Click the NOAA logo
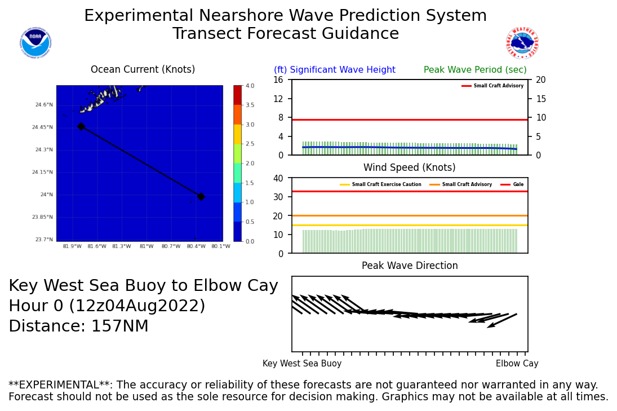click(x=35, y=43)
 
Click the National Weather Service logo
click(x=522, y=43)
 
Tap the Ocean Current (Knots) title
click(x=143, y=70)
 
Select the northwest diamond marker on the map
click(x=81, y=126)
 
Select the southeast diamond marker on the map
click(x=201, y=196)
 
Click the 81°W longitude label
click(x=147, y=246)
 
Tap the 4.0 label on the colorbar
click(x=250, y=86)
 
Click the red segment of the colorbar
click(x=237, y=95)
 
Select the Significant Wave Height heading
click(x=335, y=70)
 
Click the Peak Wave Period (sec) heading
click(x=475, y=70)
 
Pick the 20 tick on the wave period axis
click(x=538, y=79)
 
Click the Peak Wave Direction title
click(x=410, y=266)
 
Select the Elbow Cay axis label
click(x=517, y=364)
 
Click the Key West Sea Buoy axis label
click(x=302, y=364)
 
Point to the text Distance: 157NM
click(x=78, y=326)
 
